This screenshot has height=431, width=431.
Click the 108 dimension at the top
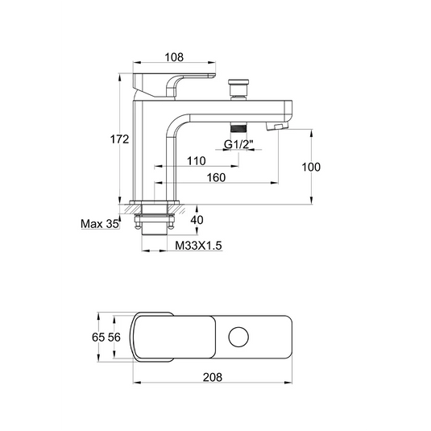pyautogui.click(x=174, y=57)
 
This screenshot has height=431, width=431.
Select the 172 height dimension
pyautogui.click(x=119, y=139)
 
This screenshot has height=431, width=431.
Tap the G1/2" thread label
pyautogui.click(x=238, y=143)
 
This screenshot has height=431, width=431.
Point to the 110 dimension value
pyautogui.click(x=197, y=161)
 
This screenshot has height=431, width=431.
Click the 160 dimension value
pyautogui.click(x=216, y=177)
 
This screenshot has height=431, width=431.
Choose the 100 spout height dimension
pyautogui.click(x=311, y=167)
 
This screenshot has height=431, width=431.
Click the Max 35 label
pyautogui.click(x=100, y=224)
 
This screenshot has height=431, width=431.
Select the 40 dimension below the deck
pyautogui.click(x=197, y=220)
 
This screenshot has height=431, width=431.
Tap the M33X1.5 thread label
pyautogui.click(x=198, y=246)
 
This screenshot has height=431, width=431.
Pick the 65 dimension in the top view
pyautogui.click(x=98, y=337)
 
